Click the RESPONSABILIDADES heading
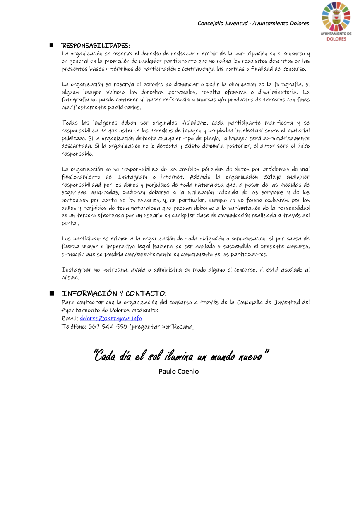click(96, 46)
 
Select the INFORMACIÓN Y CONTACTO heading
click(114, 293)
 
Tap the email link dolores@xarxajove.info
click(110, 318)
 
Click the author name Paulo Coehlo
click(178, 371)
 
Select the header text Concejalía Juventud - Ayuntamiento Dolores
click(253, 23)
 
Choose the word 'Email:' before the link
click(70, 318)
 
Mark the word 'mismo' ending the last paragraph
click(70, 277)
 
